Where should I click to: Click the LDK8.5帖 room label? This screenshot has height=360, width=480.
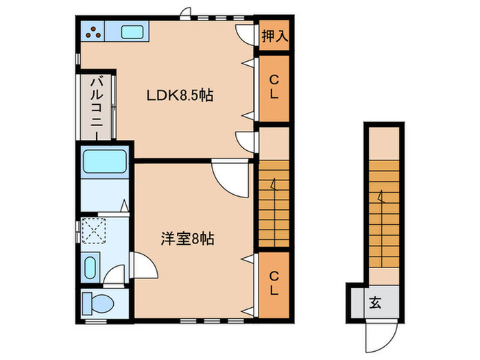[x=180, y=95]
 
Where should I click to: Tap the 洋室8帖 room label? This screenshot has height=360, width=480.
[x=187, y=239]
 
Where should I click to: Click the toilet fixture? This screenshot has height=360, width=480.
[x=97, y=304]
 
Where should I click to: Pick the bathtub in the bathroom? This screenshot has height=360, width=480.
[x=105, y=161]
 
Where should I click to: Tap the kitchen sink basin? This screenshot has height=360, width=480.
[x=132, y=32]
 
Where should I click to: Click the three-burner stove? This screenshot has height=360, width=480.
[x=93, y=31]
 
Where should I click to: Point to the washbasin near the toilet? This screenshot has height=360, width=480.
[x=90, y=267]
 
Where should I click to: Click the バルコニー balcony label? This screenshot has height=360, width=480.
[x=97, y=106]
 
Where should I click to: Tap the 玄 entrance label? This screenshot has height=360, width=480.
[x=375, y=303]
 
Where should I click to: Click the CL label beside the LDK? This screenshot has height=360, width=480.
[x=274, y=88]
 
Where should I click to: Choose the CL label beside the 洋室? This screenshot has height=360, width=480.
[x=274, y=283]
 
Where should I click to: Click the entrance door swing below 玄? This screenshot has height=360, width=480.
[x=381, y=336]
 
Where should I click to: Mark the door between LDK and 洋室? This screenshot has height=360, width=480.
[x=230, y=178]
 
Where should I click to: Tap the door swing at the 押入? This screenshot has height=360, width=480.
[x=245, y=34]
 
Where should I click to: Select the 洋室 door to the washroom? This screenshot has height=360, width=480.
[x=143, y=265]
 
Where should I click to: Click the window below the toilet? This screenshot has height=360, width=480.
[x=95, y=321]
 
